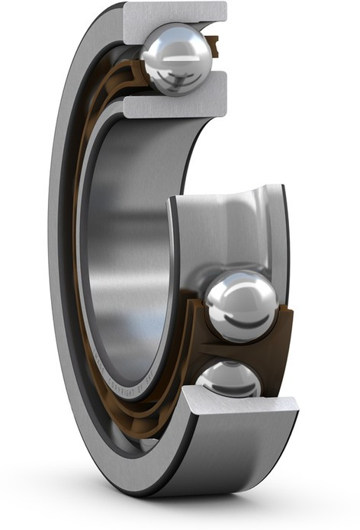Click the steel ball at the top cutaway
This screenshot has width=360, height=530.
[x=176, y=58]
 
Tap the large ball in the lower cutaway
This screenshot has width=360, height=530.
[x=241, y=306]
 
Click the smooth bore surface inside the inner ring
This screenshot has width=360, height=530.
[x=122, y=252]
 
